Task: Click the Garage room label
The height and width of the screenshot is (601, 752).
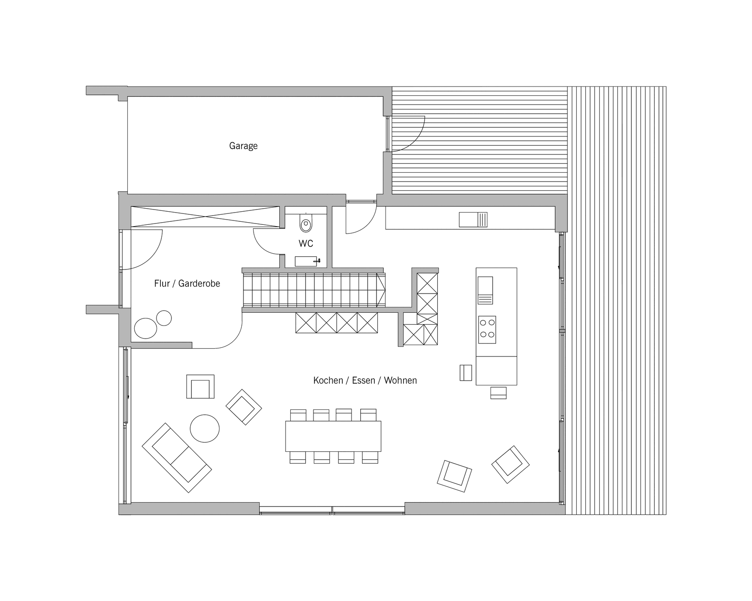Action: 243,146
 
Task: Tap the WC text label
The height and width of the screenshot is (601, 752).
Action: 306,243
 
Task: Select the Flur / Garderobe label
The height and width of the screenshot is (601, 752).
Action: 187,283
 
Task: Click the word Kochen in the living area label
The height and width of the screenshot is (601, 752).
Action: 328,381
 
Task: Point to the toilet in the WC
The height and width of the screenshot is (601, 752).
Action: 306,223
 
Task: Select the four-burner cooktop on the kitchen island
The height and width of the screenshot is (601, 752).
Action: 487,329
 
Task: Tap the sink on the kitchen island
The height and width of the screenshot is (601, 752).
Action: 485,290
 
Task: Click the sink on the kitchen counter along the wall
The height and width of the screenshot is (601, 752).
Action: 473,220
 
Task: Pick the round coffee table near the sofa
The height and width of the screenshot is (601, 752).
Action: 205,428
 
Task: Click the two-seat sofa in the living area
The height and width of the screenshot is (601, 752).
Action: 177,458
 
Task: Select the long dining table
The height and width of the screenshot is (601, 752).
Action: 333,436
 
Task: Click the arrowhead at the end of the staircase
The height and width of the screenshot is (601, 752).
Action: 381,289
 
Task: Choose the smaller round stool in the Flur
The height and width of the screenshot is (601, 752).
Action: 164,318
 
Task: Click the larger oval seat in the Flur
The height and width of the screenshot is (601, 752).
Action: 146,328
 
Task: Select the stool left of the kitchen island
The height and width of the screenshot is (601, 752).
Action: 466,373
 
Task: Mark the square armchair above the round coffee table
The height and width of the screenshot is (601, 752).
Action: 200,387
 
